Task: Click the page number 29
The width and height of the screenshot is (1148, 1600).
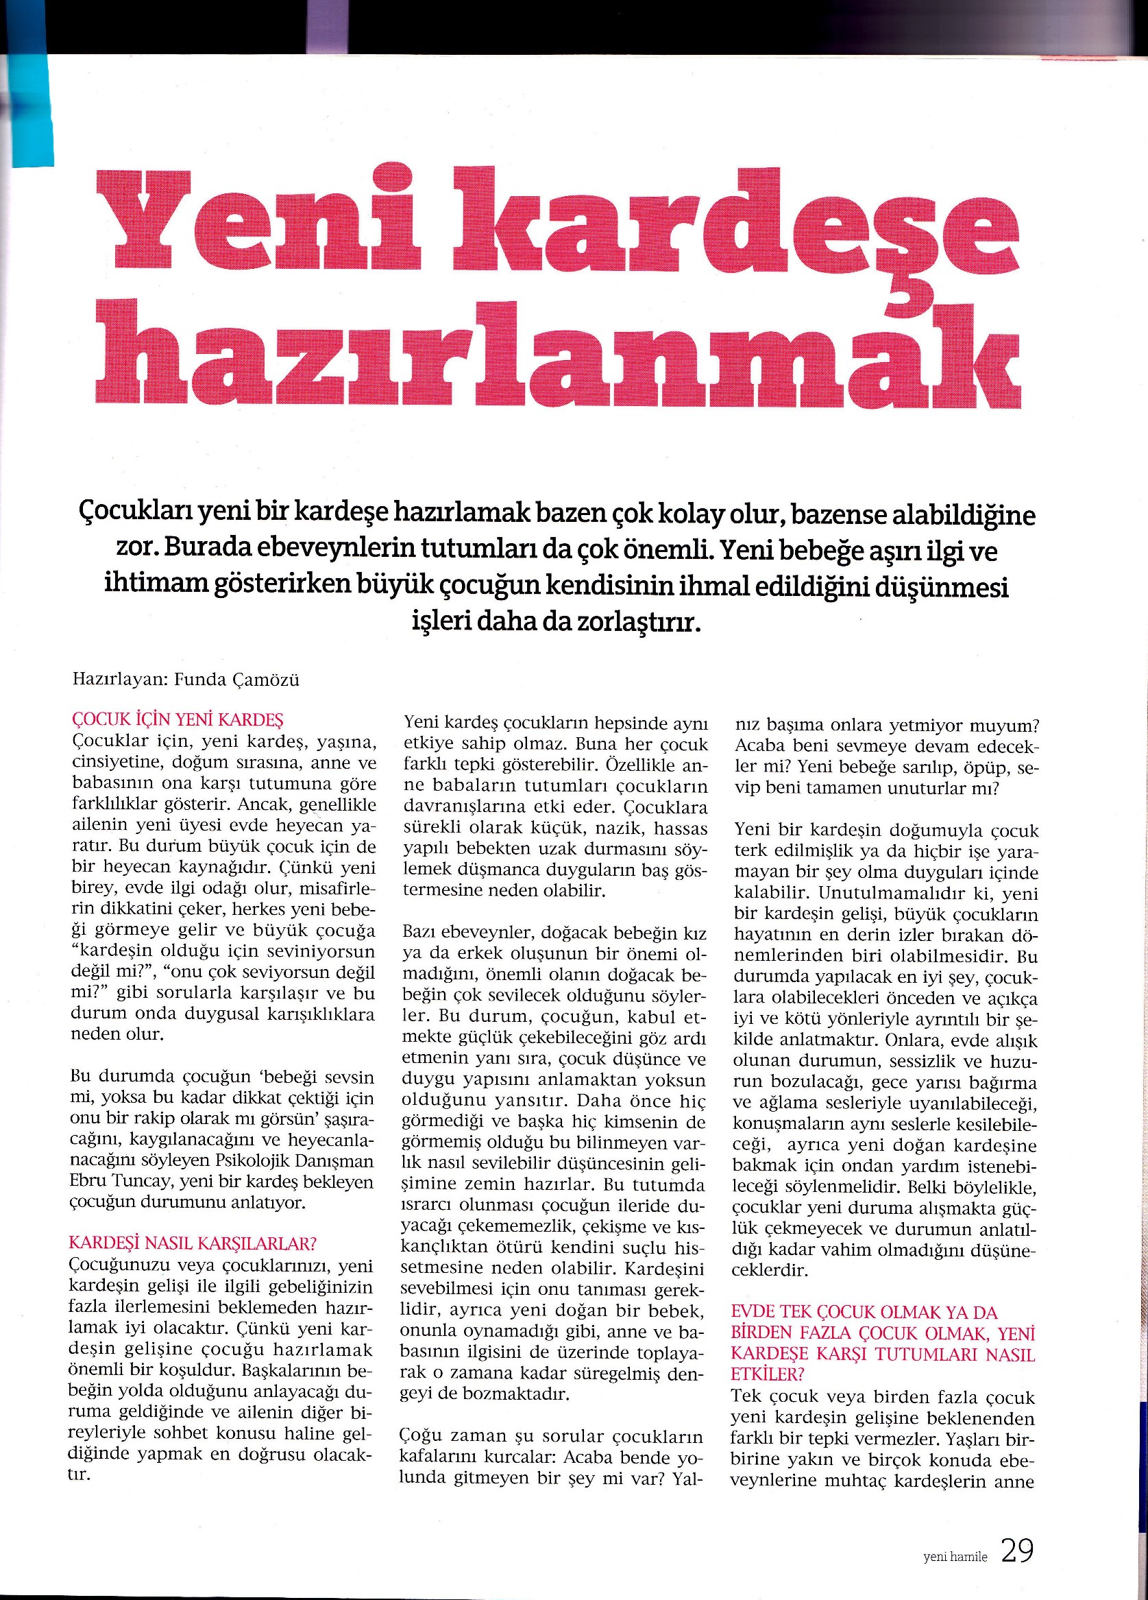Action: (1017, 1531)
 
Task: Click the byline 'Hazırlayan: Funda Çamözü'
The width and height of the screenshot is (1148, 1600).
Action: (186, 680)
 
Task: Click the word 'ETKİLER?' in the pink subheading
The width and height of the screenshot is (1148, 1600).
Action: (767, 1375)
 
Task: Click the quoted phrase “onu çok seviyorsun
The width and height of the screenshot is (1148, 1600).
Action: (239, 973)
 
